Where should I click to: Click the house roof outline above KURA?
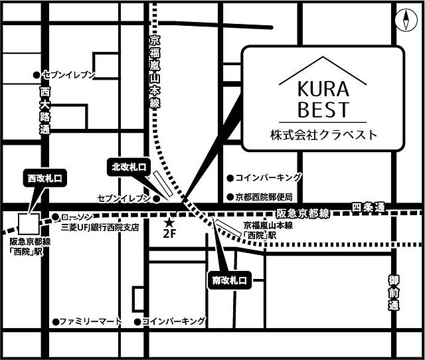click(x=323, y=68)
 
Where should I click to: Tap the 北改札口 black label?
click(x=129, y=167)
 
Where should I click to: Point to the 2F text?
click(x=170, y=233)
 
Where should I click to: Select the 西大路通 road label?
click(x=44, y=111)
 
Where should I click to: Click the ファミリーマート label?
click(x=90, y=321)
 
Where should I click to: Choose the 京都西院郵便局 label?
click(x=264, y=197)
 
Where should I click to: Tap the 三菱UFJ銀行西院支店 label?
click(x=100, y=227)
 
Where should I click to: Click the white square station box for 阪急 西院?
click(x=29, y=222)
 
